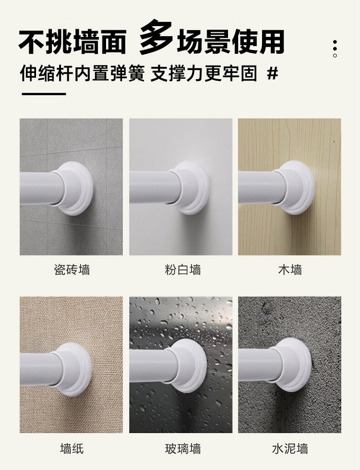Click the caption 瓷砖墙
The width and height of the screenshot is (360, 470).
click(72, 269)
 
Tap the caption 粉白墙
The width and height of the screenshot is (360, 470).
click(182, 269)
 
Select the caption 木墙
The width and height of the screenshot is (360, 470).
click(290, 269)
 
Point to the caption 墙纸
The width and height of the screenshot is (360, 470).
click(72, 448)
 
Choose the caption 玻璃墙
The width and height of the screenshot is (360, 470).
click(182, 448)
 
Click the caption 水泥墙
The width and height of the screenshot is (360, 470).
click(290, 448)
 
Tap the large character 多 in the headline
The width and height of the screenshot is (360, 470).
click(156, 37)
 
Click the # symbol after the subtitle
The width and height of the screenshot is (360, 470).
click(272, 73)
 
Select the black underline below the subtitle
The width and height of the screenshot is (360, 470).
click(44, 94)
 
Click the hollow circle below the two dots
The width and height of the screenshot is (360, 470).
click(335, 56)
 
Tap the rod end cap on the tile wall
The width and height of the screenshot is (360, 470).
click(74, 188)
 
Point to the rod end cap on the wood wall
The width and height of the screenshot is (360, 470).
click(296, 187)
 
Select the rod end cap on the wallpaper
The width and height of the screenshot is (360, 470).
click(73, 369)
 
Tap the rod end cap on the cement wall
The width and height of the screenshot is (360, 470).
click(292, 365)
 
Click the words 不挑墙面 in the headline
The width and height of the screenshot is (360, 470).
click(72, 42)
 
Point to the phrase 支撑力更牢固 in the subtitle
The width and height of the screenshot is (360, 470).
click(204, 74)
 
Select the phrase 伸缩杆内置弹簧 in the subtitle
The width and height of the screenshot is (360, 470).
click(82, 74)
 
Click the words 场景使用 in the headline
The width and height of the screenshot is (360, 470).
click(230, 42)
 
